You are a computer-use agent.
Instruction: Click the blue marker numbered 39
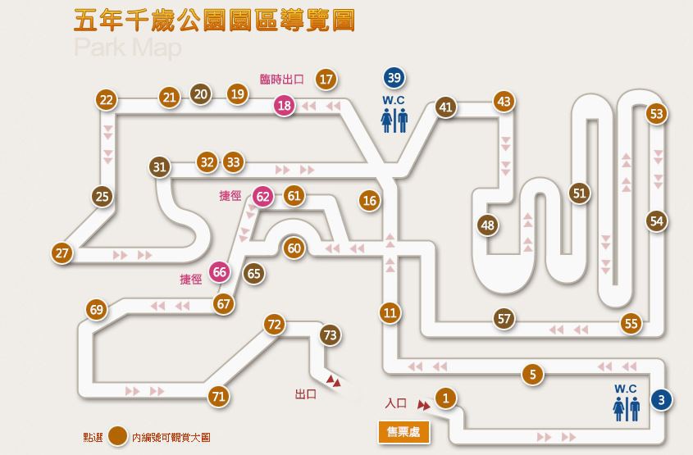coord(394,78)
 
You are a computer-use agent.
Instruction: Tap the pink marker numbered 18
coord(285,106)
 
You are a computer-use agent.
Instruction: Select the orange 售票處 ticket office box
coord(403,431)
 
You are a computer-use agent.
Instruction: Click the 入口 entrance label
coord(396,403)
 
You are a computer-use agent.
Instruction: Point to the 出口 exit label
coord(306,394)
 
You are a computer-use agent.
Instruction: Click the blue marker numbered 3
coord(661,400)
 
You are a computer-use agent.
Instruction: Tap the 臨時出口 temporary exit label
coord(281,80)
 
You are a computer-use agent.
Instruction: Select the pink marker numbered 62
coord(262,196)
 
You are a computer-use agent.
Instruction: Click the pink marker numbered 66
coord(219,272)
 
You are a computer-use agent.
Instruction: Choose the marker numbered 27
coord(62,253)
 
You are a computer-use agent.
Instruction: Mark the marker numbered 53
coord(656,114)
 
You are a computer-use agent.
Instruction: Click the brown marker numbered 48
coord(489,225)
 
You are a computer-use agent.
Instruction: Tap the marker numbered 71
coord(218,397)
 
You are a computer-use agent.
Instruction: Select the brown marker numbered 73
coord(331,335)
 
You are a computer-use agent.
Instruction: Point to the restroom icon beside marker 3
coord(627,407)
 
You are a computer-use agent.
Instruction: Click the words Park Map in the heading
coord(127,48)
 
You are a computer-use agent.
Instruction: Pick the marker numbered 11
coord(390,312)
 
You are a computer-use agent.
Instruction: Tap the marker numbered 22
coord(106,100)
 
